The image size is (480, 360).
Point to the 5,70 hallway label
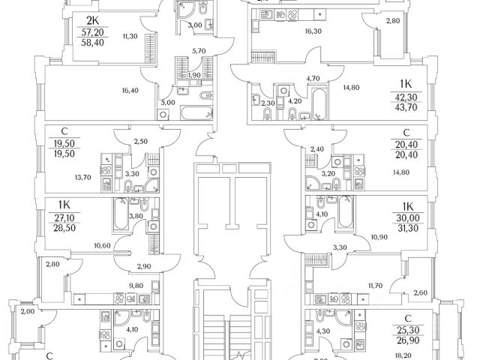198,52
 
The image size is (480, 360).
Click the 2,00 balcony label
28,311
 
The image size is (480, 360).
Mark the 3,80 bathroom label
137,217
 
